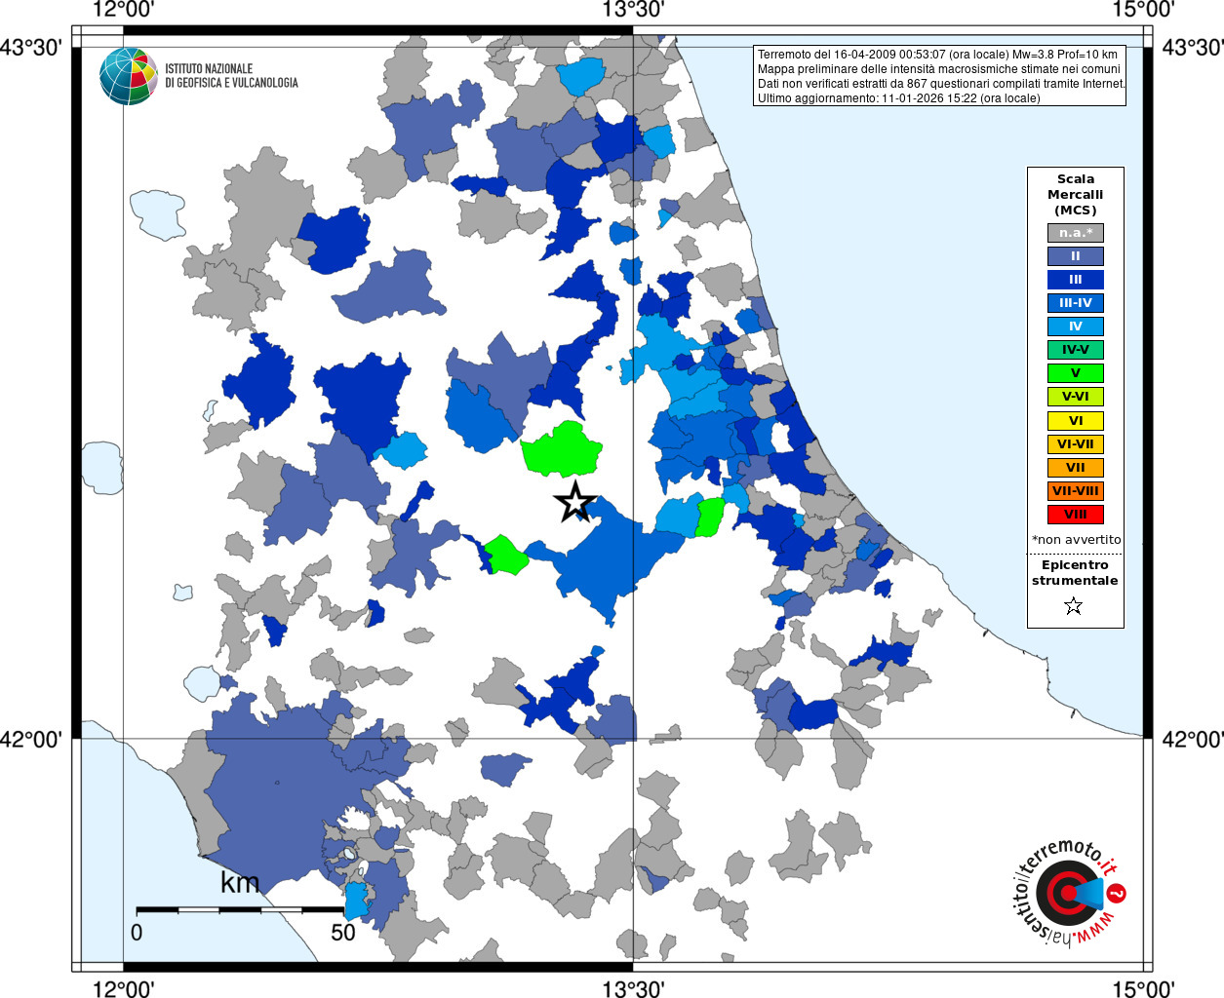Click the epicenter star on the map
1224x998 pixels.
575,502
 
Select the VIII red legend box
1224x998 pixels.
1075,515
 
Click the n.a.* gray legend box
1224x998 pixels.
1075,233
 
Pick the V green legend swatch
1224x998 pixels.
1075,373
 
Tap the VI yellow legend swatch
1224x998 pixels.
1075,421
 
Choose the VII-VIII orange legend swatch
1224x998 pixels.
1075,491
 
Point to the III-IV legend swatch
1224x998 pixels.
1075,303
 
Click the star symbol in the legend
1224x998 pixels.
1074,606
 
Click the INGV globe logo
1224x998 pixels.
129,76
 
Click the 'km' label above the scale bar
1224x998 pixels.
240,883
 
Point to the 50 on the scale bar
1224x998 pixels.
342,933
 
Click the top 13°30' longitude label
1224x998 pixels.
633,11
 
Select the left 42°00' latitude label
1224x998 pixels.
31,740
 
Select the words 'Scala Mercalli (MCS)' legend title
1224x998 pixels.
1075,194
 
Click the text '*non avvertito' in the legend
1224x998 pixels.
1076,540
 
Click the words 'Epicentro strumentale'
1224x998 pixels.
1075,573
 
